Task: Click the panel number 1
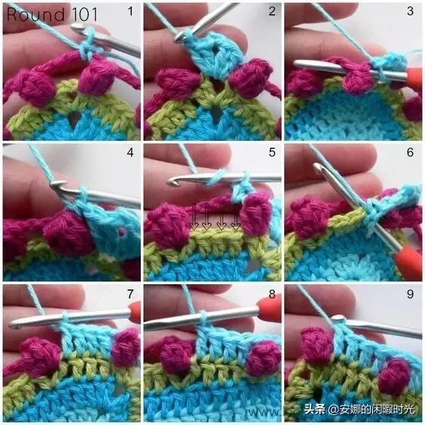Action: (x=130, y=11)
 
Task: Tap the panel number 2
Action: (x=272, y=11)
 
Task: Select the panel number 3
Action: (x=411, y=11)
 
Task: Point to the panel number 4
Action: (x=130, y=152)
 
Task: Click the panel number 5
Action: (x=272, y=152)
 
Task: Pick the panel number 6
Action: (x=411, y=152)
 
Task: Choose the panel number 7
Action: (x=130, y=294)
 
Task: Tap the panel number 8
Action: (x=272, y=294)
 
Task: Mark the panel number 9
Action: (x=411, y=294)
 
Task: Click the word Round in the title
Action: (x=35, y=14)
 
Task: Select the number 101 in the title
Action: (x=84, y=14)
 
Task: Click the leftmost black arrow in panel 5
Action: (x=194, y=217)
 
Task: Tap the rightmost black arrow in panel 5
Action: (x=236, y=217)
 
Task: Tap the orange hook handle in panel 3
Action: (x=414, y=78)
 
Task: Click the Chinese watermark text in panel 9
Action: (x=359, y=409)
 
